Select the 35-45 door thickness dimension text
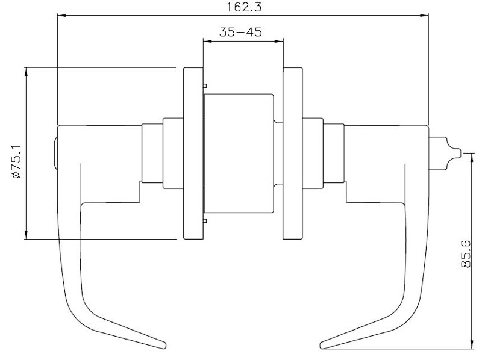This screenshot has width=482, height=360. point(240,33)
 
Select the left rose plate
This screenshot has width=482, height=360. point(193,154)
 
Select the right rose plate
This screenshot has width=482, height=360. point(293,154)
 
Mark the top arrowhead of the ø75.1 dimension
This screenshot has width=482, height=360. point(26,72)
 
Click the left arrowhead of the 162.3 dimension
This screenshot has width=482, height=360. point(60,17)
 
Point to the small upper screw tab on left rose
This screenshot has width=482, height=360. point(205,85)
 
